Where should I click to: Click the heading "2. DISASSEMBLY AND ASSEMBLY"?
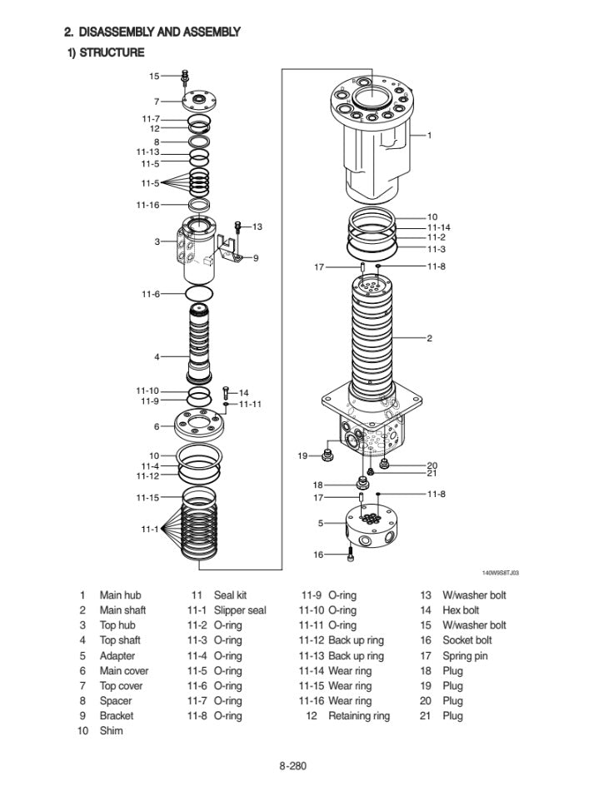(152, 32)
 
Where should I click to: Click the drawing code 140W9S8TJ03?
(501, 573)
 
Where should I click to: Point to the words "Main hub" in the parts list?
(120, 595)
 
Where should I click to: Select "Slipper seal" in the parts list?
(240, 610)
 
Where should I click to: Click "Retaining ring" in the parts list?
(359, 715)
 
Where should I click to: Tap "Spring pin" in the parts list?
(466, 655)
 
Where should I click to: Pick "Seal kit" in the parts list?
(230, 595)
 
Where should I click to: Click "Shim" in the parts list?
(111, 730)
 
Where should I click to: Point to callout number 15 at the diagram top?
(154, 76)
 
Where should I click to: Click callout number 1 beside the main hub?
(429, 134)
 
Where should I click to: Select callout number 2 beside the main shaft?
(429, 338)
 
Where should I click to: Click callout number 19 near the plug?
(303, 455)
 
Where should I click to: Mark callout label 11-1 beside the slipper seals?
(149, 530)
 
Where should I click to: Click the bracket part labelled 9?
(227, 249)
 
